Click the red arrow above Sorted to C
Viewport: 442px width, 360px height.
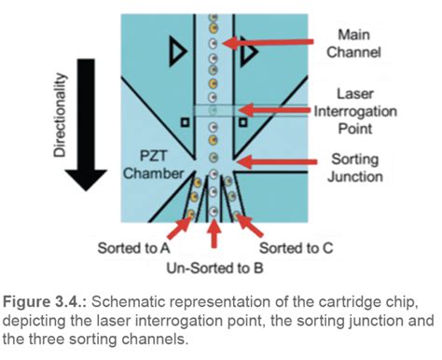(x=253, y=225)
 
